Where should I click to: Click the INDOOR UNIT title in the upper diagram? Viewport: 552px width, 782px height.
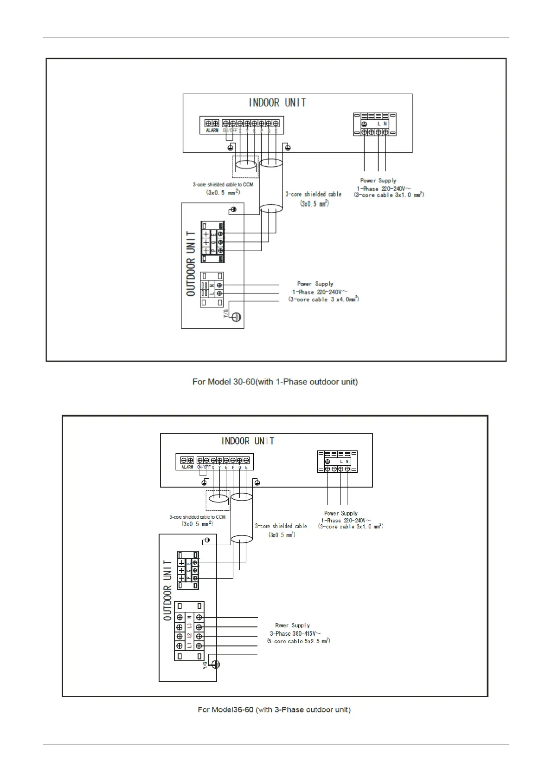[277, 103]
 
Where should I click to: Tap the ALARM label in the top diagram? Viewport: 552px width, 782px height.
[212, 130]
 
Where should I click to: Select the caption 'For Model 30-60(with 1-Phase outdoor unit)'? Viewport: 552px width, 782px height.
[275, 382]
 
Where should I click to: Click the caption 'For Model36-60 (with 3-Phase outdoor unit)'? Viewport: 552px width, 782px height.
[274, 710]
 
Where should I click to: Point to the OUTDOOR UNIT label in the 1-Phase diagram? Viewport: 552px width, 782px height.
[191, 263]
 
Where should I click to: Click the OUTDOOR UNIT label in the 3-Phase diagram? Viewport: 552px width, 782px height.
[167, 590]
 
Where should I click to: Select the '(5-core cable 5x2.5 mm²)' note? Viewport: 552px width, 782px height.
[298, 641]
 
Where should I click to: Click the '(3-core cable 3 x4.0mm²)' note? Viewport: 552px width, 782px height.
[324, 300]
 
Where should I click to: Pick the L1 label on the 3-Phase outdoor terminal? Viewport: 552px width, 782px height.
[189, 645]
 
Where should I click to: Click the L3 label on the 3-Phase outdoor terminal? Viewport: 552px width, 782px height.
[189, 627]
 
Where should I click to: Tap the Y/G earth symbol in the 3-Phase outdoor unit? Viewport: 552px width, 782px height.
[215, 665]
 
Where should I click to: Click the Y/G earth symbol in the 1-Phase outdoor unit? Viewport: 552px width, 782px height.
[237, 317]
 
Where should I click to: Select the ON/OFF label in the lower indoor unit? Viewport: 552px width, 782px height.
[204, 467]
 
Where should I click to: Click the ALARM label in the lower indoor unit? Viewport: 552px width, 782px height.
[187, 467]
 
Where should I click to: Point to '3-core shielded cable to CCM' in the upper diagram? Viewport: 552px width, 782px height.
[223, 184]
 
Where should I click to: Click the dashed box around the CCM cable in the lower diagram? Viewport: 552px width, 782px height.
[218, 500]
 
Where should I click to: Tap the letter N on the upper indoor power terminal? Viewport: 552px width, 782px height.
[385, 124]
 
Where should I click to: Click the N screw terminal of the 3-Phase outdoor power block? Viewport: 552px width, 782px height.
[199, 618]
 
